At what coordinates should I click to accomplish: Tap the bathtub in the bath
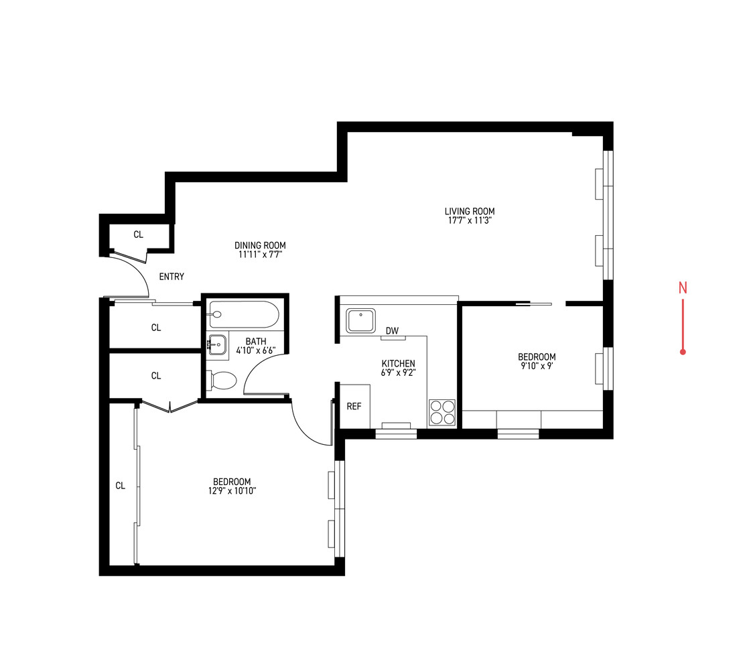click(243, 314)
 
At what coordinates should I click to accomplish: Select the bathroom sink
click(218, 344)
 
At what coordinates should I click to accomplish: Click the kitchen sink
click(360, 321)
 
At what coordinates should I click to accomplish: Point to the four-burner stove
click(442, 413)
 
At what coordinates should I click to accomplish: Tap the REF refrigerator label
click(354, 406)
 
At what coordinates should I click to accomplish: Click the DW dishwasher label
click(392, 331)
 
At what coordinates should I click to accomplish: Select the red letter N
click(683, 287)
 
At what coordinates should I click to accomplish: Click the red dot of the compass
click(683, 352)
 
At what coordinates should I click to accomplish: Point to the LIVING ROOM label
click(470, 211)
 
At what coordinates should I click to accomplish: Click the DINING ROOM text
click(260, 245)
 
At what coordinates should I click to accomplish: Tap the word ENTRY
click(172, 277)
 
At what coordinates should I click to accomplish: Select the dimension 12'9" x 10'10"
click(232, 491)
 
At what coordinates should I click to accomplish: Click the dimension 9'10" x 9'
click(537, 366)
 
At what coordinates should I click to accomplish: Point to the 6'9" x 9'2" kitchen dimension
click(399, 373)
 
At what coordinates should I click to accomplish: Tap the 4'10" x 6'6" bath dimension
click(256, 350)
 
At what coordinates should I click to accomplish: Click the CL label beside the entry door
click(138, 234)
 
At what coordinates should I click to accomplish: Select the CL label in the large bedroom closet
click(120, 486)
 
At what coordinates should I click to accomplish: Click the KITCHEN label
click(399, 363)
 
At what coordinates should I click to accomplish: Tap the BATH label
click(256, 341)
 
